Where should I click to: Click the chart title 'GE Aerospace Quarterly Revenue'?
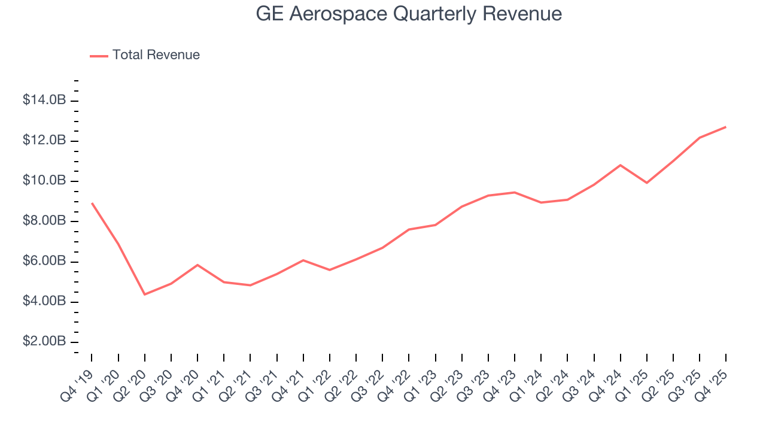pyautogui.click(x=409, y=13)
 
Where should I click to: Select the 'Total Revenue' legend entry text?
pyautogui.click(x=156, y=55)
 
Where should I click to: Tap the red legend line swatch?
pyautogui.click(x=99, y=56)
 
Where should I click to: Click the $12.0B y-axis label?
pyautogui.click(x=44, y=141)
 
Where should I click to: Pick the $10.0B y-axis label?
pyautogui.click(x=44, y=181)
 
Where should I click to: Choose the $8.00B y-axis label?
pyautogui.click(x=44, y=221)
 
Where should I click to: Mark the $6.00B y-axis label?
pyautogui.click(x=44, y=262)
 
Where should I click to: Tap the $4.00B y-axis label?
pyautogui.click(x=44, y=302)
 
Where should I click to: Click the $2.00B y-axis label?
pyautogui.click(x=44, y=342)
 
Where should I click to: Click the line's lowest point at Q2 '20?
pyautogui.click(x=145, y=295)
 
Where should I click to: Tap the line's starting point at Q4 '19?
pyautogui.click(x=92, y=203)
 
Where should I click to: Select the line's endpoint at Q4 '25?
pyautogui.click(x=726, y=127)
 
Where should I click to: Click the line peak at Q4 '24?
pyautogui.click(x=620, y=165)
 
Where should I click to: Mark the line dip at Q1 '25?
pyautogui.click(x=646, y=183)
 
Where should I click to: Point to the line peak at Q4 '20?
pyautogui.click(x=197, y=265)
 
